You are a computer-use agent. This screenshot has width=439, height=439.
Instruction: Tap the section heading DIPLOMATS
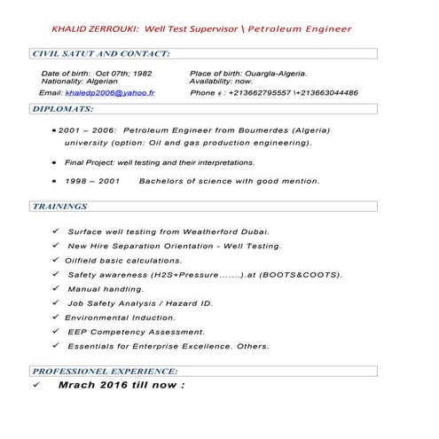tap(63, 109)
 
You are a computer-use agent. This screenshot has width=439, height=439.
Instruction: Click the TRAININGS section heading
tap(60, 207)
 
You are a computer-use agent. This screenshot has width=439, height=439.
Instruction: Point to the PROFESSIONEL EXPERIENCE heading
tap(106, 371)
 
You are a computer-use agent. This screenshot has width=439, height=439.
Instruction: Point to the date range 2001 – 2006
tap(88, 130)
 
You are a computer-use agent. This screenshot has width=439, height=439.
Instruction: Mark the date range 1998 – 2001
tap(92, 181)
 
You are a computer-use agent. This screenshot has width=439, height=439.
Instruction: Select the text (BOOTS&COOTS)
tap(300, 275)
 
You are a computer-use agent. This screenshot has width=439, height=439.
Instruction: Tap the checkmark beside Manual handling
tap(57, 289)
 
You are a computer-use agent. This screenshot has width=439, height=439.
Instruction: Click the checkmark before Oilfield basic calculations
tap(56, 260)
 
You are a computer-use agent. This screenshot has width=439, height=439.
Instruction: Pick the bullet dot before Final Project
tap(55, 163)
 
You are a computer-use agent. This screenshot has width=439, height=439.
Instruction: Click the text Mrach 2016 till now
tap(122, 386)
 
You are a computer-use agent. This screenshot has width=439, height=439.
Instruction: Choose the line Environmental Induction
tap(120, 317)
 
